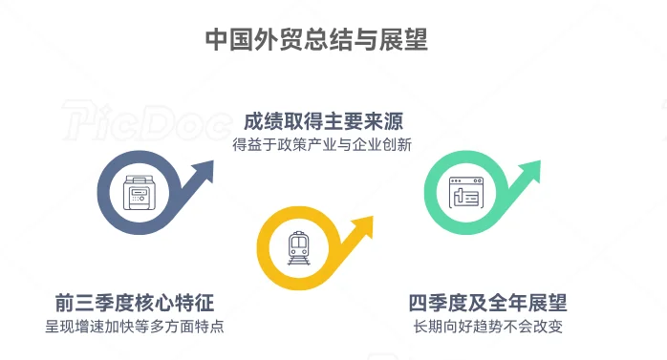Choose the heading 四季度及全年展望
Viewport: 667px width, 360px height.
(488, 304)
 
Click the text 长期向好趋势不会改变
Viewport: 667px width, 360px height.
(488, 327)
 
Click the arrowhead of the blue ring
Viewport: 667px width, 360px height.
(202, 172)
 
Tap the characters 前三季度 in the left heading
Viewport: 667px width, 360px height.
(95, 304)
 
